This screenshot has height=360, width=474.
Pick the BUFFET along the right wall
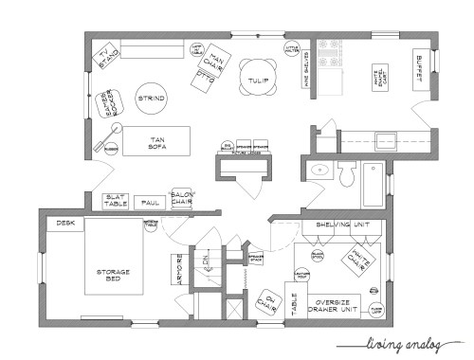(x=420, y=65)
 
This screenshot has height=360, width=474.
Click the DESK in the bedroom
(x=64, y=224)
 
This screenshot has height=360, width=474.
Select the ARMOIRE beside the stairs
(x=176, y=273)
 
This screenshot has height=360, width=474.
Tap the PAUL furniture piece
(x=147, y=202)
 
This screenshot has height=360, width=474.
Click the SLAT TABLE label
(x=116, y=201)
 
